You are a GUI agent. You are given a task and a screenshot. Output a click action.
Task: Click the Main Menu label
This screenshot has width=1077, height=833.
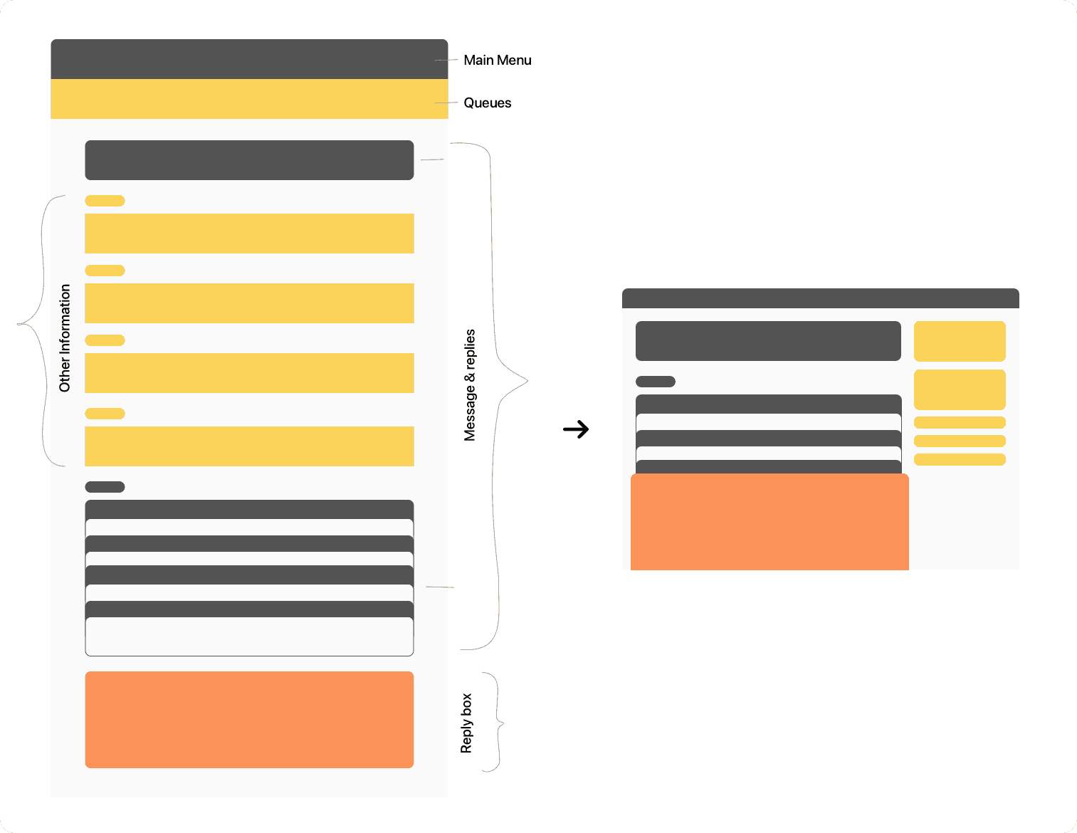tap(497, 61)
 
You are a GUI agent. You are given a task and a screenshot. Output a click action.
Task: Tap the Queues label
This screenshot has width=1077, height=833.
tap(487, 103)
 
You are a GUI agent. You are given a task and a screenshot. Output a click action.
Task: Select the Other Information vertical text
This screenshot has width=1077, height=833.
tap(65, 338)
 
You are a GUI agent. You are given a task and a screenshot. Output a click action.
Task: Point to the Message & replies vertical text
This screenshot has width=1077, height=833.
tap(470, 385)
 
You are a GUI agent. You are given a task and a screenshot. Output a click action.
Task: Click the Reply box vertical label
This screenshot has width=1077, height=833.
tap(466, 723)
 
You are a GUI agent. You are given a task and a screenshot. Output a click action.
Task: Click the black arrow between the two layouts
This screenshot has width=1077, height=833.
tap(576, 429)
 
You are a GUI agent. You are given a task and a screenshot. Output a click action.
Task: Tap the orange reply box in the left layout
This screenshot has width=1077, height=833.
tap(249, 719)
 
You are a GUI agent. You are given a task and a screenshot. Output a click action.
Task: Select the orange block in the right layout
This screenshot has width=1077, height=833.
tap(769, 522)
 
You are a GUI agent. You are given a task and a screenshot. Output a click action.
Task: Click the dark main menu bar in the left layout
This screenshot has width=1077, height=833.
tap(249, 59)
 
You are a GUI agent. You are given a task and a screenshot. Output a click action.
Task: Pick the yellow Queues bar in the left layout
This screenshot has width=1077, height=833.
tap(249, 99)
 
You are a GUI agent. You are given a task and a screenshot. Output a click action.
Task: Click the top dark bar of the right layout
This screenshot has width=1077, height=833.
tap(820, 298)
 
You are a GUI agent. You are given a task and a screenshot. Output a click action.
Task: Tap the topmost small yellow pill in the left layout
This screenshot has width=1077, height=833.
tap(105, 201)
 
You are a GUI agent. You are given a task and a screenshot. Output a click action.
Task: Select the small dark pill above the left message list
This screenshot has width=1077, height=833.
tap(105, 487)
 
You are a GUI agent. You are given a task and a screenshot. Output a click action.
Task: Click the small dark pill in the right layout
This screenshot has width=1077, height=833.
tap(655, 382)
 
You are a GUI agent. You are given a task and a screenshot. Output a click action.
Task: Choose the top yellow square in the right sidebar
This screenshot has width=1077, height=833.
tap(960, 341)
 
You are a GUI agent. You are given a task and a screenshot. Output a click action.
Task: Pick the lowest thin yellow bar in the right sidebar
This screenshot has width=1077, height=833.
tap(960, 459)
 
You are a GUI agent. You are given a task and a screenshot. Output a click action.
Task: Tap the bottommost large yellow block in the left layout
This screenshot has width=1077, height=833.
tap(249, 446)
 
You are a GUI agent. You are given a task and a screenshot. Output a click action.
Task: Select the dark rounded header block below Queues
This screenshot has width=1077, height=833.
tap(249, 160)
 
